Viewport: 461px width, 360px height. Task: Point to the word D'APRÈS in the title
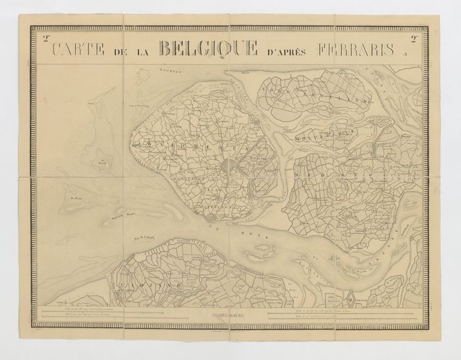point(290,51)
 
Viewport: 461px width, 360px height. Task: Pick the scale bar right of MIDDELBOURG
point(342,315)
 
